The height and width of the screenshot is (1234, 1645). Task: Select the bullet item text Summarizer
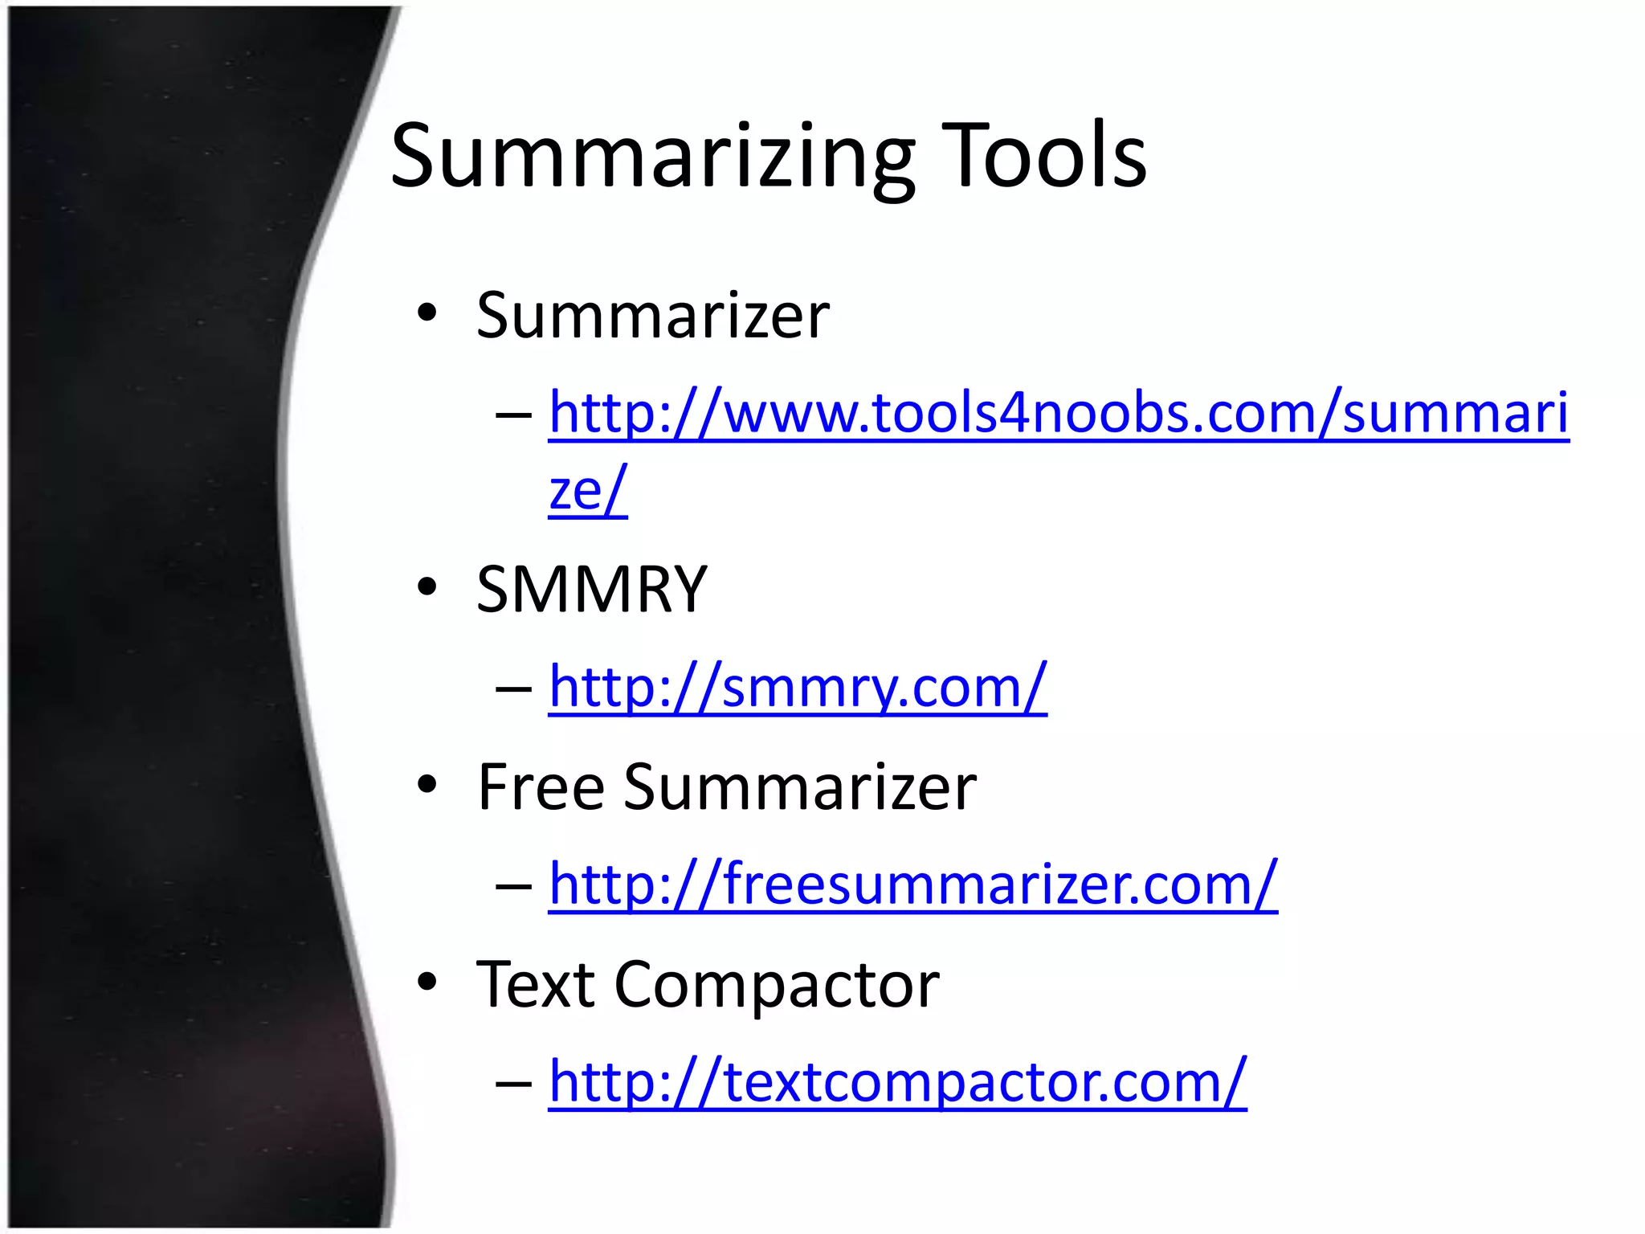coord(652,315)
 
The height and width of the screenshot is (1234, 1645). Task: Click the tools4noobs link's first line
coord(1058,413)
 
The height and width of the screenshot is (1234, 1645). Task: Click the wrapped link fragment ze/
coord(588,490)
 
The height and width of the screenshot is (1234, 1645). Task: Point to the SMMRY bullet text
coord(591,589)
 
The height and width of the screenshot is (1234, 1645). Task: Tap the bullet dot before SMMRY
coord(427,586)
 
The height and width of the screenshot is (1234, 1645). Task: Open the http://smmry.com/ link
coord(798,687)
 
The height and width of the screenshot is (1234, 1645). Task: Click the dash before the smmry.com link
coord(514,688)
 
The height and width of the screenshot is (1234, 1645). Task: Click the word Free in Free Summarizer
coord(541,787)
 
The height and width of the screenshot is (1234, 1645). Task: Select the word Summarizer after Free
coord(800,787)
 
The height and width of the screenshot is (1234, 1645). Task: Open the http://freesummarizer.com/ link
coord(912,885)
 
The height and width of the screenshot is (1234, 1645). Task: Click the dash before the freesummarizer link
coord(514,885)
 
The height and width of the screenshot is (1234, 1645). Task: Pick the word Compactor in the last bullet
coord(777,986)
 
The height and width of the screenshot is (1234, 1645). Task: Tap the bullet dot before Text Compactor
coord(427,981)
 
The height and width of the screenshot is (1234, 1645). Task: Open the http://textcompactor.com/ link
coord(897,1082)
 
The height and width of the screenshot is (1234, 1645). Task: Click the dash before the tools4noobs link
coord(514,415)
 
